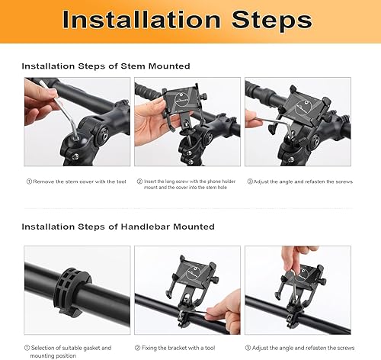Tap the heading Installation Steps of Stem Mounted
pos(105,66)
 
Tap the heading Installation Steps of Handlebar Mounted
pos(117,227)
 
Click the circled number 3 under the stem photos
pos(248,181)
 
